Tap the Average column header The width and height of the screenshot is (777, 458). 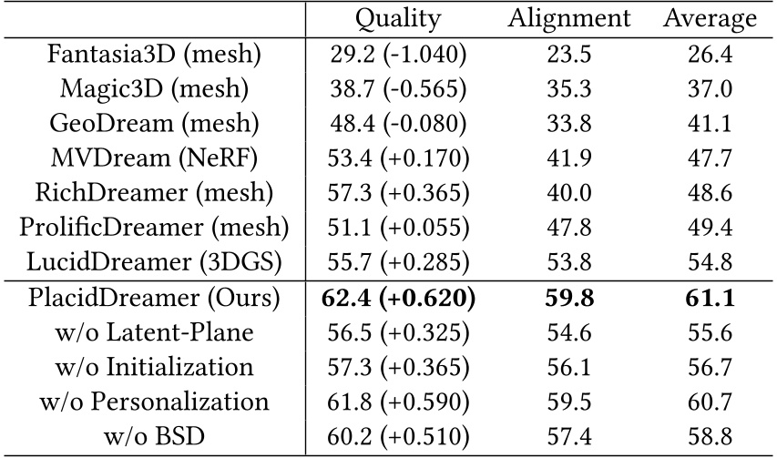710,19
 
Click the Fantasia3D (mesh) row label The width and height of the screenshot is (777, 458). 154,55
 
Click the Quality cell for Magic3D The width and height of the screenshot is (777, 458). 397,90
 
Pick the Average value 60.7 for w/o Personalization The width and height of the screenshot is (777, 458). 710,402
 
